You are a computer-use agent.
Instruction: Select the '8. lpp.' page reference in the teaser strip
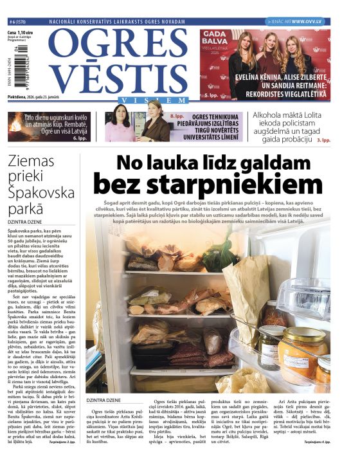click(177, 116)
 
